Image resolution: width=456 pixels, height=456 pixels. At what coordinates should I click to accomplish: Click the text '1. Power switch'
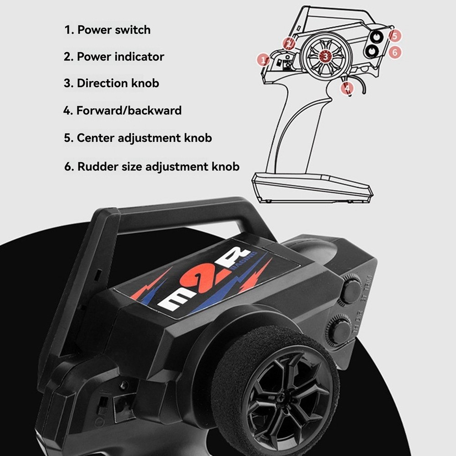pyautogui.click(x=107, y=30)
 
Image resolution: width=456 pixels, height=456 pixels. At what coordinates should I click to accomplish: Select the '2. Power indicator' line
pyautogui.click(x=114, y=57)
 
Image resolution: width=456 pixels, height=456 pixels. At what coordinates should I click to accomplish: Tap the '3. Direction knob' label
pyautogui.click(x=111, y=83)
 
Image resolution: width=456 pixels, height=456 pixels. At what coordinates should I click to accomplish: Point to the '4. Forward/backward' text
pyautogui.click(x=122, y=110)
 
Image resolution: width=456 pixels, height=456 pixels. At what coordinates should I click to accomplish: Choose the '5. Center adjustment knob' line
pyautogui.click(x=138, y=138)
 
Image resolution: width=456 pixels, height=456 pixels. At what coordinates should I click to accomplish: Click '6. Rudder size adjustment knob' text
pyautogui.click(x=151, y=166)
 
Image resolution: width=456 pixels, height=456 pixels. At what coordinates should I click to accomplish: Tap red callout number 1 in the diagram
pyautogui.click(x=263, y=60)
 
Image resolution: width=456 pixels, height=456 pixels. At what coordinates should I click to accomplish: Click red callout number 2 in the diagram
pyautogui.click(x=289, y=44)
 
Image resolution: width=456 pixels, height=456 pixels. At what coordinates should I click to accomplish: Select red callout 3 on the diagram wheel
pyautogui.click(x=325, y=56)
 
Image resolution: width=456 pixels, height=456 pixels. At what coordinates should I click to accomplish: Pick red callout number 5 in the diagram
pyautogui.click(x=395, y=36)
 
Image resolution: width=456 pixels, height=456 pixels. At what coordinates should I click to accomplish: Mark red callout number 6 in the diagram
pyautogui.click(x=395, y=52)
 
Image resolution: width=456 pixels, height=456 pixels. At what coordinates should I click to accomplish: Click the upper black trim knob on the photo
pyautogui.click(x=352, y=290)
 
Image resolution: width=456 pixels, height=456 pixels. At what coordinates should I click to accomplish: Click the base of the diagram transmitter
pyautogui.click(x=312, y=187)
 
